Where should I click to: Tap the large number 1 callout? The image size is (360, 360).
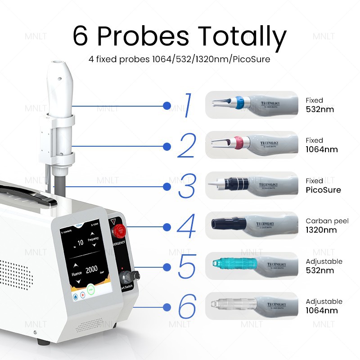tap(188, 106)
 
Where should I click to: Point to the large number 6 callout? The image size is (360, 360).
tap(187, 307)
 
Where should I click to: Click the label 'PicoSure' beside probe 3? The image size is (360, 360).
tap(323, 190)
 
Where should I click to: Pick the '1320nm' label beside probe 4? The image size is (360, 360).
tap(321, 230)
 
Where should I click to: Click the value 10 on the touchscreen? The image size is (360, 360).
tap(80, 243)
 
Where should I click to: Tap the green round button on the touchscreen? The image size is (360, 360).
tap(91, 290)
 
